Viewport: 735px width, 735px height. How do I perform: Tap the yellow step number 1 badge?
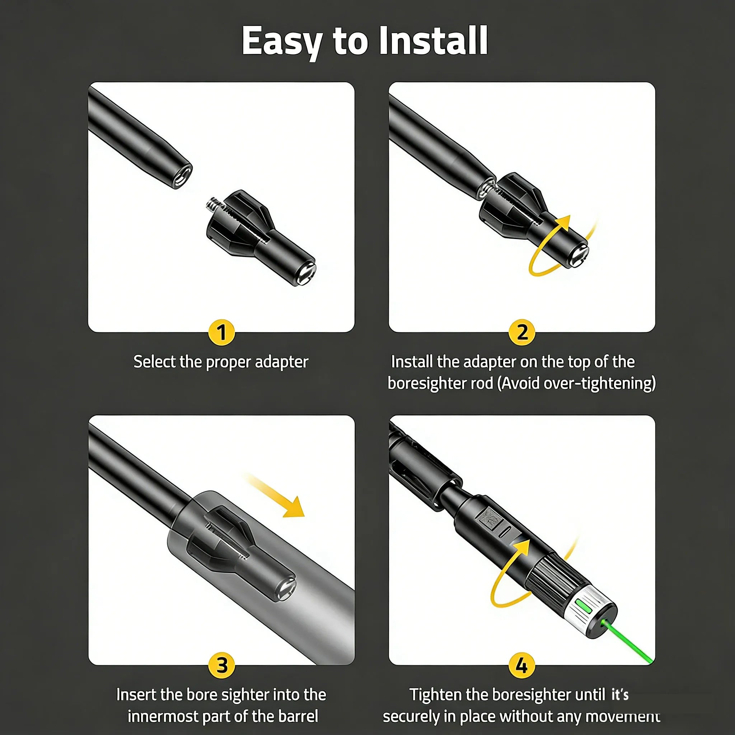point(222,332)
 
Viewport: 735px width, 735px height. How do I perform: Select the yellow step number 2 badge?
point(522,332)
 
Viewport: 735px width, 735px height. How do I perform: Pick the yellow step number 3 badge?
point(222,665)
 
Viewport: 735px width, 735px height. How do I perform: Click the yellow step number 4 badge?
point(522,665)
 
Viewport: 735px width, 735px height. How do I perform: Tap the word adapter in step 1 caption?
point(281,362)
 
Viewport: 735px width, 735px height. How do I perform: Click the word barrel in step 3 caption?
point(298,716)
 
